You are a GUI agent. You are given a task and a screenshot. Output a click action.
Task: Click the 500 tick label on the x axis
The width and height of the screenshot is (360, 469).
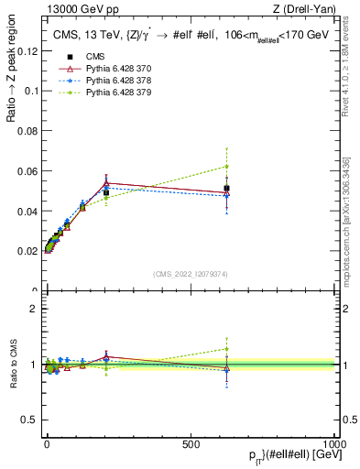(x=191, y=443)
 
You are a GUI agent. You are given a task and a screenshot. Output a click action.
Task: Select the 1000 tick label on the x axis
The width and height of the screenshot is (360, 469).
(x=336, y=443)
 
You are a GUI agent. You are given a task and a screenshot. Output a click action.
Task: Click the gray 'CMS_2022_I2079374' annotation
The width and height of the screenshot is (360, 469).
(x=191, y=274)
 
